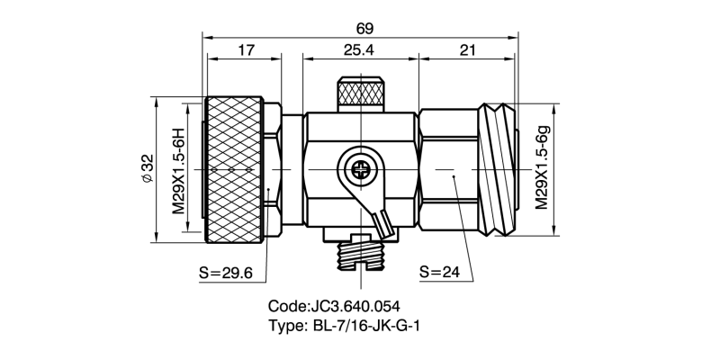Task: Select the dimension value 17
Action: [x=244, y=50]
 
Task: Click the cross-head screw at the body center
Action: [x=360, y=168]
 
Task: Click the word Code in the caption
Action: [x=288, y=305]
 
